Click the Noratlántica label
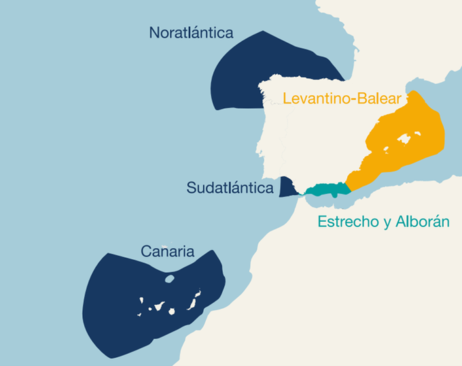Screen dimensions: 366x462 [x=191, y=33]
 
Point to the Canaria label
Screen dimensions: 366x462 [x=167, y=251]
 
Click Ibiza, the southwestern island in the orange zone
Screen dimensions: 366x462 [x=386, y=150]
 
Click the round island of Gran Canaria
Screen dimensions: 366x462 [x=173, y=311]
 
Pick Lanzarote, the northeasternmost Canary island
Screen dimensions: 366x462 [x=198, y=293]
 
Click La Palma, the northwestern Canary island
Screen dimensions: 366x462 [x=142, y=299]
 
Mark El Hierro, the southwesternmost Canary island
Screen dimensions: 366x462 [x=139, y=314]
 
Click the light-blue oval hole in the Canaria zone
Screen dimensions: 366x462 [x=169, y=278]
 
